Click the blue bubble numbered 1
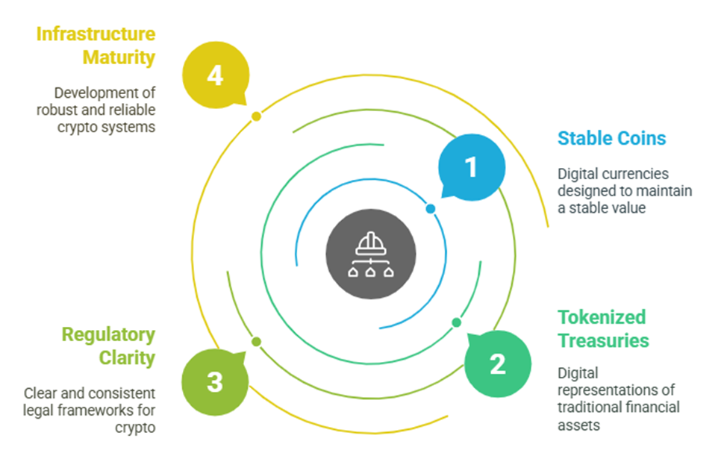[x=472, y=167]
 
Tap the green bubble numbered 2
[x=498, y=363]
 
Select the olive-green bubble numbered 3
[x=215, y=382]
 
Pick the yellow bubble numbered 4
[x=216, y=75]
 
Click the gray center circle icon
[x=371, y=254]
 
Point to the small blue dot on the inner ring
[x=431, y=209]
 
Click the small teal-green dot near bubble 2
[x=457, y=322]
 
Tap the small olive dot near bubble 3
[x=257, y=342]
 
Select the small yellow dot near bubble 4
[x=257, y=116]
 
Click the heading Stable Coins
[x=611, y=138]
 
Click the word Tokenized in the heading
[x=602, y=317]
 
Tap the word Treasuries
[x=603, y=340]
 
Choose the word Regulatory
[x=108, y=335]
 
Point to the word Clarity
[x=127, y=358]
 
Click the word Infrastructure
[x=96, y=34]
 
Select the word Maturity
[x=119, y=57]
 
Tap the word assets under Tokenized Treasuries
[x=578, y=425]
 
